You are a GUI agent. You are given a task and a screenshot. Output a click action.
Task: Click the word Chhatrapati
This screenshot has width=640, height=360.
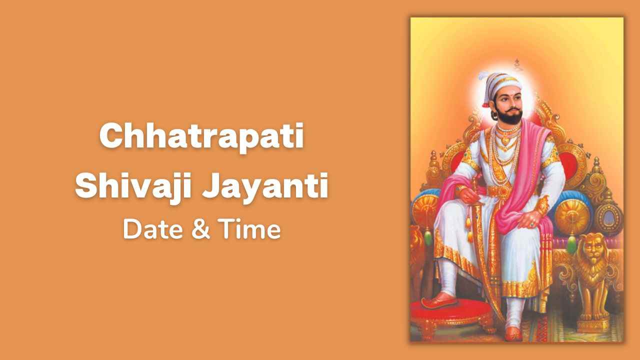point(201,137)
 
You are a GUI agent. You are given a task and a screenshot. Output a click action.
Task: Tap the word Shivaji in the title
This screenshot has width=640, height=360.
point(133,186)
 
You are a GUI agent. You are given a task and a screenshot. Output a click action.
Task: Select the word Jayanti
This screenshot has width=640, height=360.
point(265,186)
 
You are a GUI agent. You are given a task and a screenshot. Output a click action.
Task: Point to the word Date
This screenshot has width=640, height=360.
point(153,229)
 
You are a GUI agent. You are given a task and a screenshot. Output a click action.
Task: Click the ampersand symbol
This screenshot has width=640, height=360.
point(201,229)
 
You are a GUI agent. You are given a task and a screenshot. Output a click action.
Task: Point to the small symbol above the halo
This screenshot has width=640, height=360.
point(517,65)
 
